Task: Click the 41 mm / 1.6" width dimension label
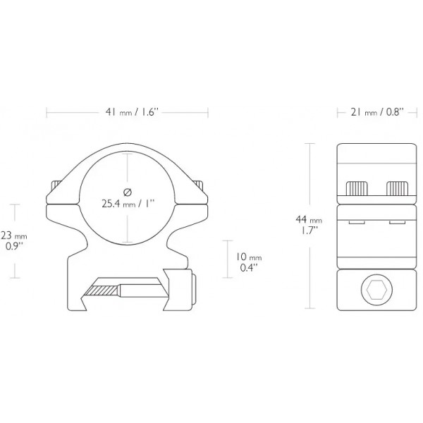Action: coord(128,112)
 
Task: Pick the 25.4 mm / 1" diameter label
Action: coord(128,204)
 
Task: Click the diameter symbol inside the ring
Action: coord(127,192)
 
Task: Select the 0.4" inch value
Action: coord(247,268)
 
